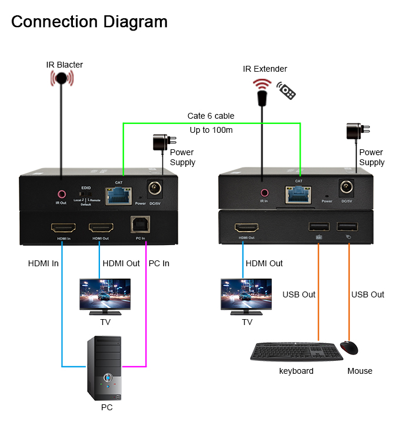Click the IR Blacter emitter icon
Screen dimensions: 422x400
point(61,79)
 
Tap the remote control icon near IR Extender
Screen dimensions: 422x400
point(287,91)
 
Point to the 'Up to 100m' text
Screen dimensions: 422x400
point(211,130)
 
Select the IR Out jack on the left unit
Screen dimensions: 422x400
point(61,193)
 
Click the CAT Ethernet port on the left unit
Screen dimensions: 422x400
point(118,193)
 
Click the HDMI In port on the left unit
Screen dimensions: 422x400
point(62,227)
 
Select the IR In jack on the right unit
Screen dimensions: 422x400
point(265,192)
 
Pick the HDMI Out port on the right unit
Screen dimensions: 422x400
point(246,227)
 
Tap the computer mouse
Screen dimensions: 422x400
point(349,348)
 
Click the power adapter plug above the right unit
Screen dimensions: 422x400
point(354,133)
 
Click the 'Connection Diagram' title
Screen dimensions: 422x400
point(89,22)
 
